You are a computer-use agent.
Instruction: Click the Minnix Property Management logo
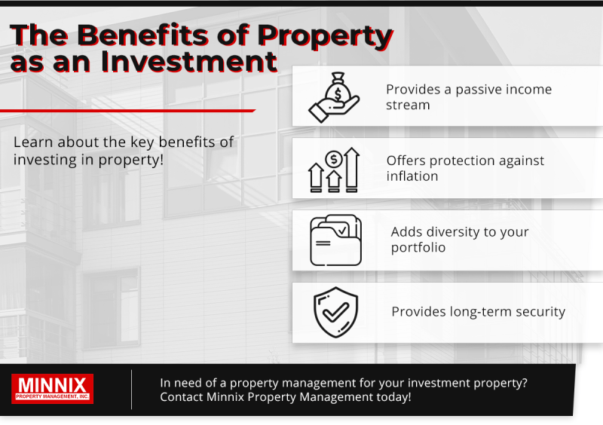coord(53,389)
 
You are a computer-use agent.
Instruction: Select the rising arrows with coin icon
coord(334,170)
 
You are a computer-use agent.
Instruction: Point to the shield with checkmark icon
coord(335,312)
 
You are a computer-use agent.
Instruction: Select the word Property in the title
coord(326,35)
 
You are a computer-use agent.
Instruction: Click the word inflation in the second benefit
coord(412,176)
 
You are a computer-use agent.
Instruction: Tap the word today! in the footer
coord(390,397)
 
